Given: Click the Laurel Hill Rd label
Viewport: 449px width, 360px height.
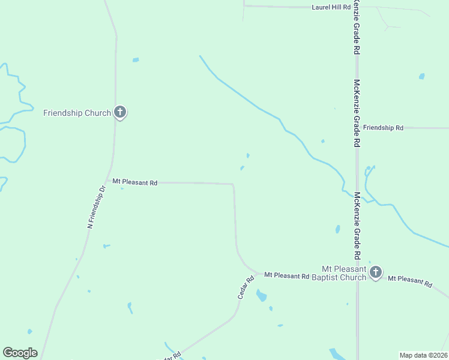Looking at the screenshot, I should click(331, 7).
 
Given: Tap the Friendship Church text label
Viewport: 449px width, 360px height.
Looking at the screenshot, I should click(77, 113).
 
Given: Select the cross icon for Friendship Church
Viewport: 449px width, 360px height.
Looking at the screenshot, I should click(120, 112).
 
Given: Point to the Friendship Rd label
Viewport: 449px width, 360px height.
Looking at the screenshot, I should click(384, 128).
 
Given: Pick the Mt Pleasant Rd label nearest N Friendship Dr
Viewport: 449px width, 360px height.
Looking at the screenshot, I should click(135, 182).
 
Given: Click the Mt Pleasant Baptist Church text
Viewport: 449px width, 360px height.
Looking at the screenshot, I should click(344, 272).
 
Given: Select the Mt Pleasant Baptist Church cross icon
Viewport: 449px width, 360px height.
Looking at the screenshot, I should click(375, 272).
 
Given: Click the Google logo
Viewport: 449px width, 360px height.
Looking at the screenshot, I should click(20, 353).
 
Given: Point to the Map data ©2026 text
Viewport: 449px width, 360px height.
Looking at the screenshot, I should click(423, 355).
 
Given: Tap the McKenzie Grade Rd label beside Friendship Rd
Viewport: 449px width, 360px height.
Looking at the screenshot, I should click(357, 113).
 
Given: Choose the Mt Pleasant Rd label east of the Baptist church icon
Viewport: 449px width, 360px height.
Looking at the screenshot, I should click(410, 280).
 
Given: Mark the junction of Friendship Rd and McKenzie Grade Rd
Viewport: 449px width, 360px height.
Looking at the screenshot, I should click(357, 128).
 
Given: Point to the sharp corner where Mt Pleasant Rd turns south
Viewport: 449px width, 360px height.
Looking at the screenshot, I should click(233, 184).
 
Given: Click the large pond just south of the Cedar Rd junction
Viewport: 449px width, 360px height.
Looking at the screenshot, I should click(261, 295).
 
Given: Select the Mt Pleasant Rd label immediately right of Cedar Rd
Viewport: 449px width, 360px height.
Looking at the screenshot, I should click(286, 276).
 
